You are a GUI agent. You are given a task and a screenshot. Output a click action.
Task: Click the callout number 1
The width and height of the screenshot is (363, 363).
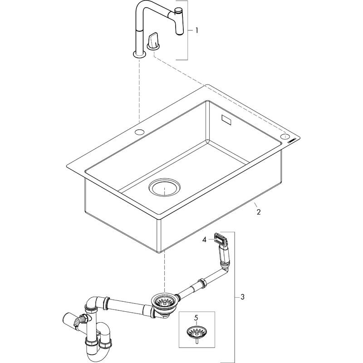(x=196, y=31)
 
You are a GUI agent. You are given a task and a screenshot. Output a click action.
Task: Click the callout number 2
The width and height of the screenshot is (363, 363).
(x=258, y=212)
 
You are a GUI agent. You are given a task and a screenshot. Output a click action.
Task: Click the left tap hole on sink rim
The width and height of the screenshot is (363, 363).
(x=139, y=132)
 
